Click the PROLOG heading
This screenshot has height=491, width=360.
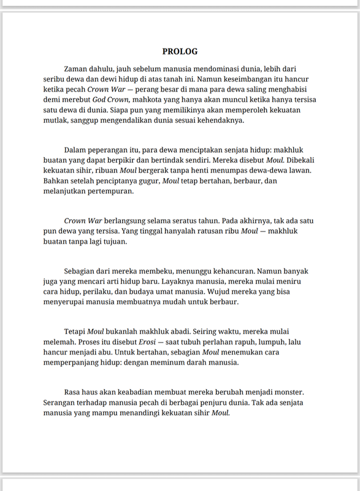pyautogui.click(x=180, y=52)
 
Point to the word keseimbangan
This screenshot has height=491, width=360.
pyautogui.click(x=220, y=79)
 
